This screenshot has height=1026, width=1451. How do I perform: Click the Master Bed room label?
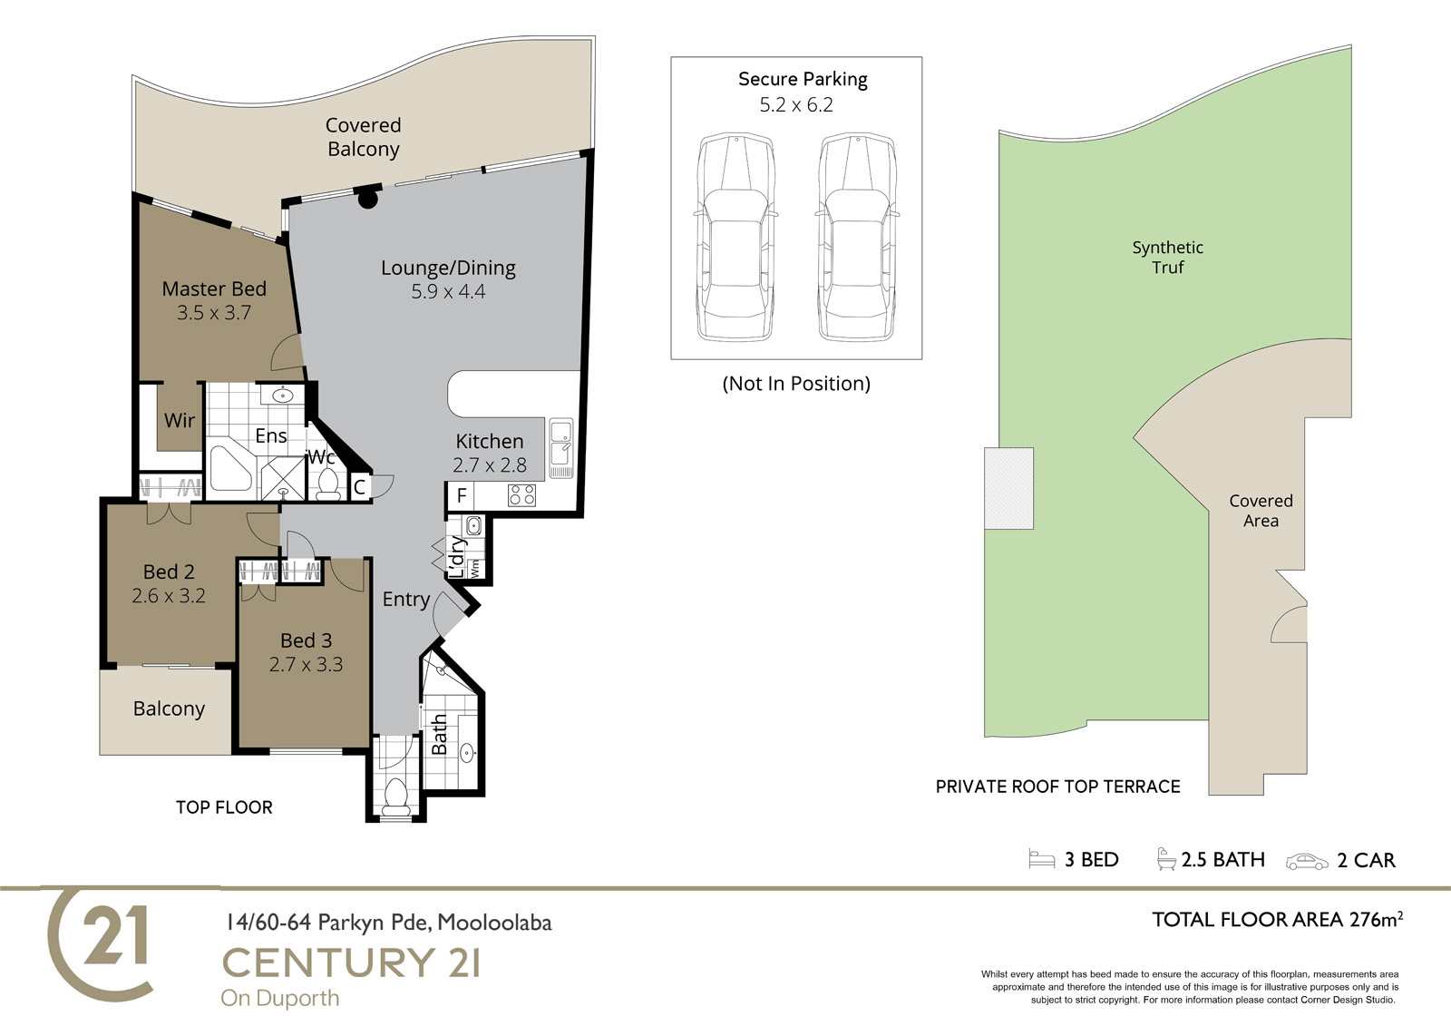pyautogui.click(x=214, y=288)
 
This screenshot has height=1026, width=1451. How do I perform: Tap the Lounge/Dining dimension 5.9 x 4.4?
pyautogui.click(x=448, y=292)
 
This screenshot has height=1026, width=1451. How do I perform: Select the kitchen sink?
pyautogui.click(x=561, y=448)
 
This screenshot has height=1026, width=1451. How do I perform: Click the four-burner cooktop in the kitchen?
pyautogui.click(x=522, y=496)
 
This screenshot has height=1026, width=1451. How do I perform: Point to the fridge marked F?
pyautogui.click(x=462, y=496)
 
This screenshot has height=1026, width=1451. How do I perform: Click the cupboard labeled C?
pyautogui.click(x=359, y=487)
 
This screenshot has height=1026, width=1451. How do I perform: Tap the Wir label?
pyautogui.click(x=180, y=421)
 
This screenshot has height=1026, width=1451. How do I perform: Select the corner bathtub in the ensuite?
pyautogui.click(x=231, y=469)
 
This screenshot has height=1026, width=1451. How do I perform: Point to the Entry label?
pyautogui.click(x=406, y=599)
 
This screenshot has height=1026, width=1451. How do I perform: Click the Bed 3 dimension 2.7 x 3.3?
pyautogui.click(x=306, y=664)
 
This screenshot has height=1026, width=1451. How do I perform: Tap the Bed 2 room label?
pyautogui.click(x=169, y=572)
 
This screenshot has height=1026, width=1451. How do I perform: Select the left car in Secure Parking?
pyautogui.click(x=735, y=237)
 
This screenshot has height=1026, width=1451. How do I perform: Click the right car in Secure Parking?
pyautogui.click(x=858, y=237)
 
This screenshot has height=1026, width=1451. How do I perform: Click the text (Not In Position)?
pyautogui.click(x=796, y=384)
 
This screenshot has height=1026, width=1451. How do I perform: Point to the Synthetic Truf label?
pyautogui.click(x=1167, y=258)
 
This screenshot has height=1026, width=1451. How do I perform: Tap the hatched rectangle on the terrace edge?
pyautogui.click(x=1008, y=488)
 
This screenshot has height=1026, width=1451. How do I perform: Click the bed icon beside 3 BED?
pyautogui.click(x=1042, y=859)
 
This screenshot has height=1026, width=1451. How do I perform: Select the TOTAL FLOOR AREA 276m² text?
pyautogui.click(x=1278, y=919)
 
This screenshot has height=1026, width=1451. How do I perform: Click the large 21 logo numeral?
pyautogui.click(x=115, y=935)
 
